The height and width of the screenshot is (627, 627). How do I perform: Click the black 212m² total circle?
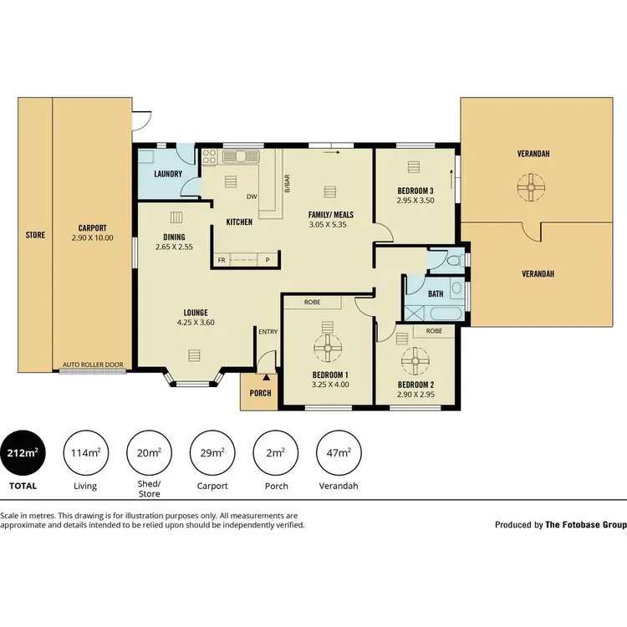[21, 453]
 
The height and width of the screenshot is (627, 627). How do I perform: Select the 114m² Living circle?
[84, 453]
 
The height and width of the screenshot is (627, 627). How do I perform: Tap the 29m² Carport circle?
[212, 453]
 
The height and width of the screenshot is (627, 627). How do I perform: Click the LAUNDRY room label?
[169, 175]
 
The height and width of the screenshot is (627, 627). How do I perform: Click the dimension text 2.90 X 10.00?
[93, 238]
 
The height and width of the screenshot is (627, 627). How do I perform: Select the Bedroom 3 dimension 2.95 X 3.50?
[415, 201]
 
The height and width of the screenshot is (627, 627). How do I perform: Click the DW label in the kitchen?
[250, 197]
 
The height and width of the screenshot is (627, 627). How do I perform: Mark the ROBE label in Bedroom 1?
[312, 302]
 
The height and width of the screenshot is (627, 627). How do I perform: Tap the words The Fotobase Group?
[585, 525]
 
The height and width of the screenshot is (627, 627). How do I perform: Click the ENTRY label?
[268, 332]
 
